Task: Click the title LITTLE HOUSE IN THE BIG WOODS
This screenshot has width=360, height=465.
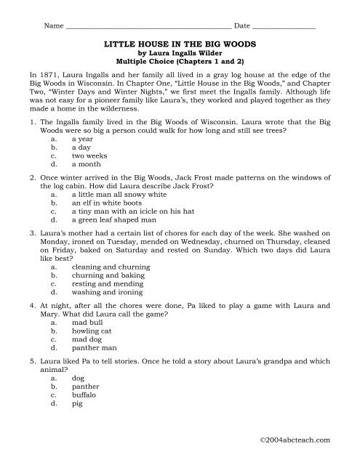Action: pos(180,44)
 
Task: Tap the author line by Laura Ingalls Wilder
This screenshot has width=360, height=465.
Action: pos(180,52)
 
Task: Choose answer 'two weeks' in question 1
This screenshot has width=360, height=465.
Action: pos(89,155)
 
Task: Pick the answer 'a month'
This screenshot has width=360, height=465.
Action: pos(87,165)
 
